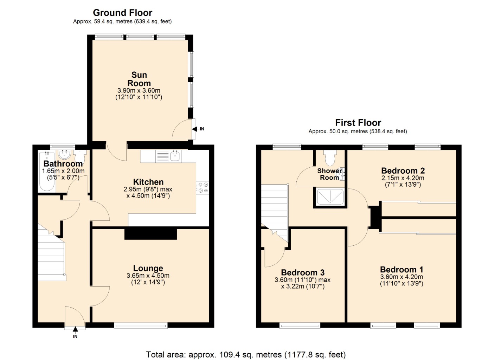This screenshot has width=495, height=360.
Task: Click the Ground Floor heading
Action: pos(122,13)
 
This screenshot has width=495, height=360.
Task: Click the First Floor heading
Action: pos(358,123)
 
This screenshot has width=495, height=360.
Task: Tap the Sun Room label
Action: pos(139,79)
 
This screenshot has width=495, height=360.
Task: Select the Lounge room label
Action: pos(148,268)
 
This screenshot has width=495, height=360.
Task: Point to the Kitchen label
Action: pos(148,182)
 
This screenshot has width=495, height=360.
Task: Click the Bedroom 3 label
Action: pos(303,272)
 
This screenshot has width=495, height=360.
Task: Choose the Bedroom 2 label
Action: pos(403,171)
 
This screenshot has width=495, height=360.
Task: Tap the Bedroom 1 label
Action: pos(401,270)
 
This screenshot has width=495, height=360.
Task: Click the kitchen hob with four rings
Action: pos(202,187)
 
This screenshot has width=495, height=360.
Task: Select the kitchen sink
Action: pos(175,156)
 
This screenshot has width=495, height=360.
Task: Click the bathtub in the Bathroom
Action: pos(46,172)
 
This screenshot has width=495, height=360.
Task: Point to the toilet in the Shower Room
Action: pos(330,158)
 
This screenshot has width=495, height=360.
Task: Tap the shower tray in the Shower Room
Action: pos(330,197)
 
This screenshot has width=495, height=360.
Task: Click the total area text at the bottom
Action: pos(246,354)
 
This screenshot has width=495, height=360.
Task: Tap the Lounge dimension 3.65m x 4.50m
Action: pos(148,276)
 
